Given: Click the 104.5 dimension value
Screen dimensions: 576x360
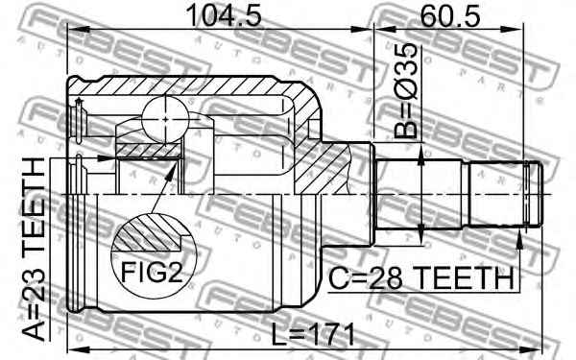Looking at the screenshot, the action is (224, 16).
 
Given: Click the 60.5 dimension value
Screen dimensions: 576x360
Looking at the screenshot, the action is (450, 16).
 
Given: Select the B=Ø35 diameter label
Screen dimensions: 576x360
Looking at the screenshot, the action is (406, 91).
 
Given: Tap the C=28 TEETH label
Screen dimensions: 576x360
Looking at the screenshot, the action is (421, 278).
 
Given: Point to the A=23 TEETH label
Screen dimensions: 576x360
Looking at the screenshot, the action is (34, 249).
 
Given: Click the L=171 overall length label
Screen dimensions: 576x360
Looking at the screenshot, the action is (313, 334).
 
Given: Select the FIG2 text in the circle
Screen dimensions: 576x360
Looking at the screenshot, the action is (152, 273).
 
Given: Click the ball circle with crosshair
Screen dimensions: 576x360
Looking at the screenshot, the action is (165, 119).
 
